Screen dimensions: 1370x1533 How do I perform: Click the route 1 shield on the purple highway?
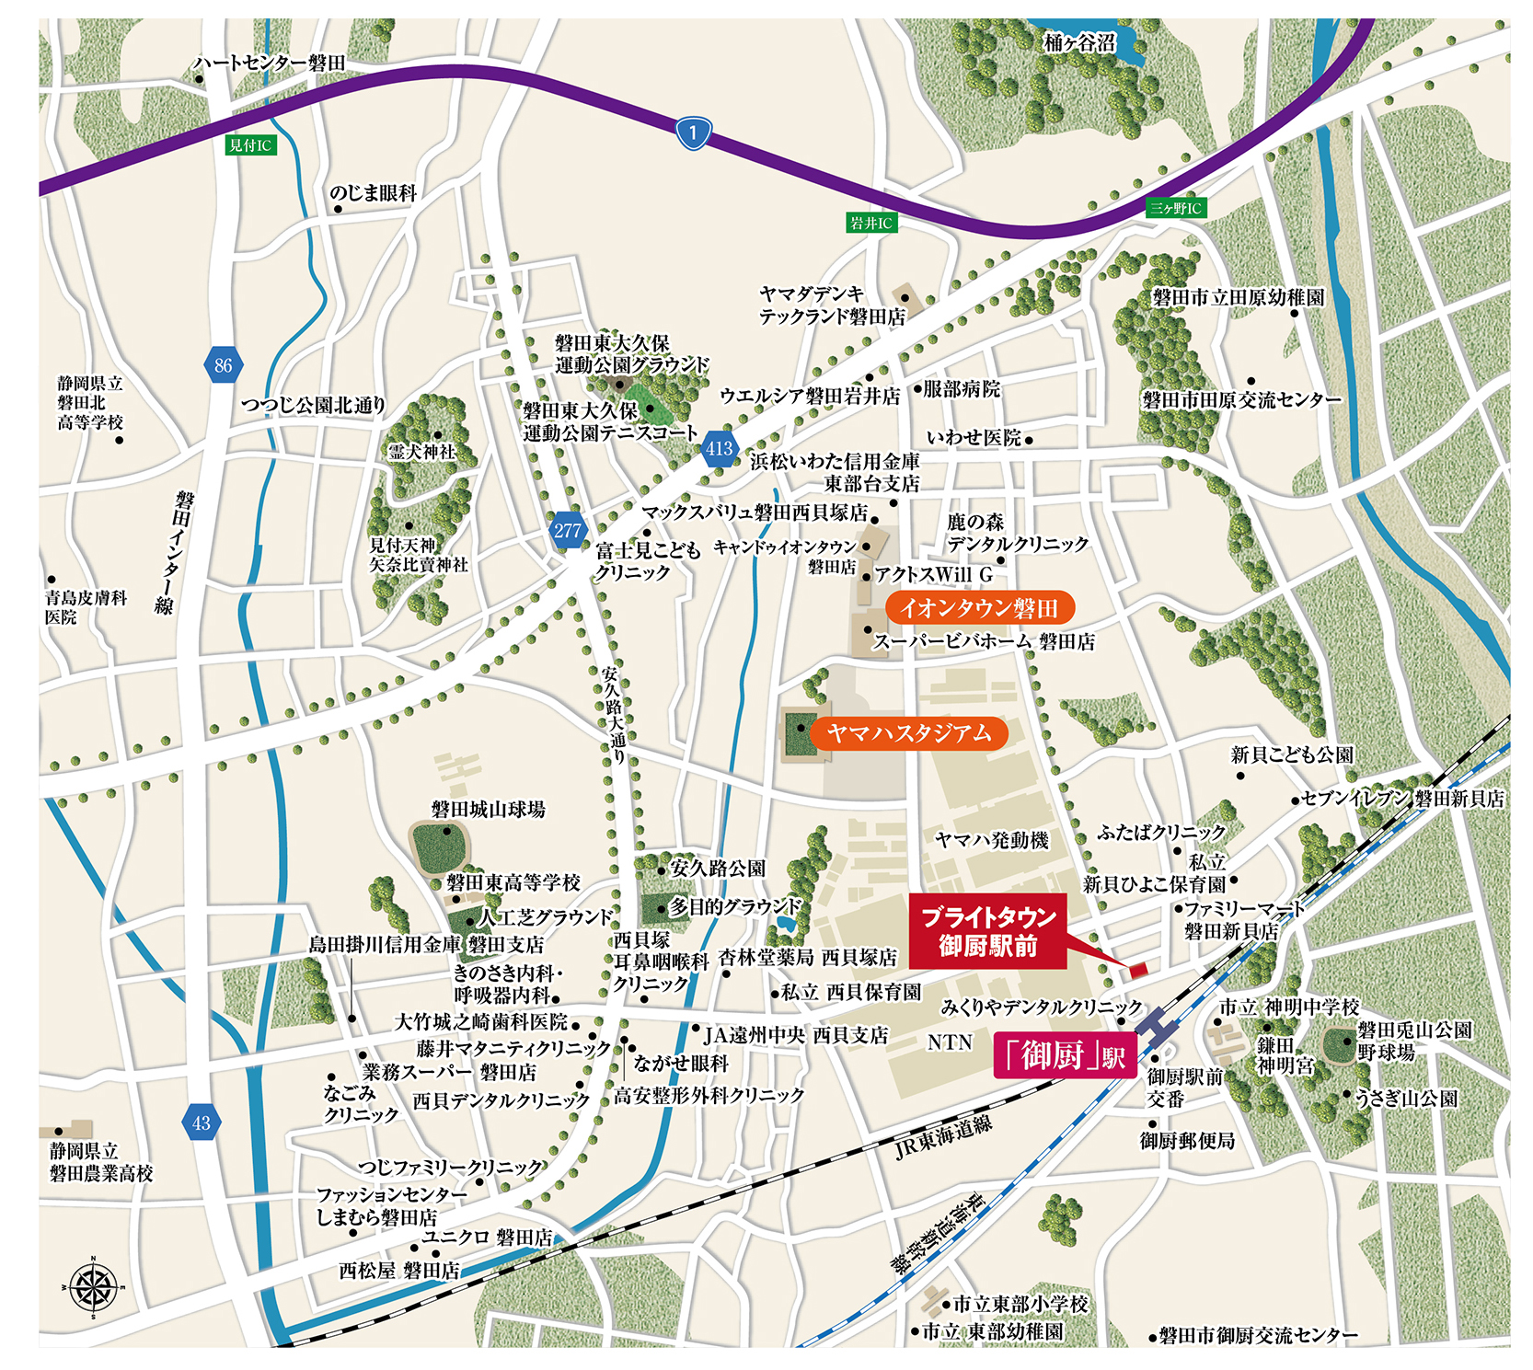click(693, 132)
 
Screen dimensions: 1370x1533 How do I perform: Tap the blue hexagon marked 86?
click(223, 365)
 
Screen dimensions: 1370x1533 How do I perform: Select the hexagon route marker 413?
click(719, 449)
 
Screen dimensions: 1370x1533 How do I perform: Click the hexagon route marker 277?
click(567, 531)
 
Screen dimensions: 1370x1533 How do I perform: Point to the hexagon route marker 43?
click(202, 1122)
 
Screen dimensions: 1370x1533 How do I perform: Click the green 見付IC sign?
click(250, 145)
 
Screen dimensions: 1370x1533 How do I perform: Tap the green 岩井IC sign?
click(870, 223)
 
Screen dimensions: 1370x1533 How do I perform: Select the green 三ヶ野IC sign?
click(1176, 208)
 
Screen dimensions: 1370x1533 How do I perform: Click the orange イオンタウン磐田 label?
click(979, 608)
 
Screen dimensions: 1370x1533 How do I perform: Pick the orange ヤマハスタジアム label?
click(908, 733)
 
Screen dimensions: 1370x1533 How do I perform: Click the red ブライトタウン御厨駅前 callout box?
click(987, 931)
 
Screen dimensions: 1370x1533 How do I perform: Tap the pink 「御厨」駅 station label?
click(1065, 1055)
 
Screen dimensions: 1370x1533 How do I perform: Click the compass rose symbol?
click(93, 1287)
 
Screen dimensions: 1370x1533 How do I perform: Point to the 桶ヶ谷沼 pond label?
click(1080, 43)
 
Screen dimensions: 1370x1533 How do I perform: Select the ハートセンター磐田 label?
click(269, 63)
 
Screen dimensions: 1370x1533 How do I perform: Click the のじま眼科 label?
click(373, 193)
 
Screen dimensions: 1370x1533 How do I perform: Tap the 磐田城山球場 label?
click(488, 810)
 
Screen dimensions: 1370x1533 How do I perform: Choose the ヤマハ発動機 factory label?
click(991, 840)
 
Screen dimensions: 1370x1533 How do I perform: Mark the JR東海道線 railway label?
click(942, 1137)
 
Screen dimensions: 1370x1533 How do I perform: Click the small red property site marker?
click(1137, 969)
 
